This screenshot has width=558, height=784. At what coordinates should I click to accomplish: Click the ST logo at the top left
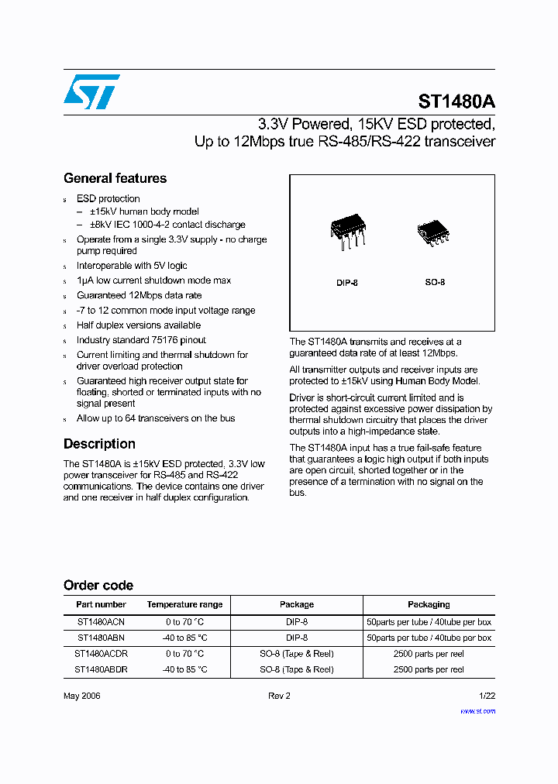click(x=91, y=91)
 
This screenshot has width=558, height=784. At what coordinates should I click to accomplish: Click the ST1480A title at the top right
click(x=456, y=101)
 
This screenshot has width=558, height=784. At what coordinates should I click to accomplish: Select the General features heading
click(x=115, y=178)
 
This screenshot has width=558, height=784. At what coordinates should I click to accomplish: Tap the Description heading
click(x=99, y=444)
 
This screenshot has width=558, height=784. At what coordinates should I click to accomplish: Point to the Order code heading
click(x=98, y=585)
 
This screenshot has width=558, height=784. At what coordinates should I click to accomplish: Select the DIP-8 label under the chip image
click(x=347, y=283)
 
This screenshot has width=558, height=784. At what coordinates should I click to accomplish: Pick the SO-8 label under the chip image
click(x=435, y=283)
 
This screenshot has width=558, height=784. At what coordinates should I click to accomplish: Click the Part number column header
click(x=101, y=604)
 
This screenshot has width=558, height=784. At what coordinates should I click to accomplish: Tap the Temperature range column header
click(x=184, y=604)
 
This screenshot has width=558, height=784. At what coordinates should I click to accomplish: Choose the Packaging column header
click(x=429, y=604)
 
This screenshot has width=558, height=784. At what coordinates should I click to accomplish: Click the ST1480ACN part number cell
click(x=101, y=622)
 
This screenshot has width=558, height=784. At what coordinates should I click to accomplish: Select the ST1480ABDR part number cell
click(x=101, y=669)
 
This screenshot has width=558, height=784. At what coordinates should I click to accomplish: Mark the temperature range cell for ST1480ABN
click(x=184, y=638)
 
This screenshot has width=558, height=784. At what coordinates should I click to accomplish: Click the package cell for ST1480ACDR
click(x=296, y=654)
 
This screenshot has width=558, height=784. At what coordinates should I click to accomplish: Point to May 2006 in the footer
click(x=82, y=696)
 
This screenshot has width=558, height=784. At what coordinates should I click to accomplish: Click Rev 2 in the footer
click(x=279, y=696)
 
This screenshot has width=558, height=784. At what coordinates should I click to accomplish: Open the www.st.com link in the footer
click(x=477, y=710)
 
